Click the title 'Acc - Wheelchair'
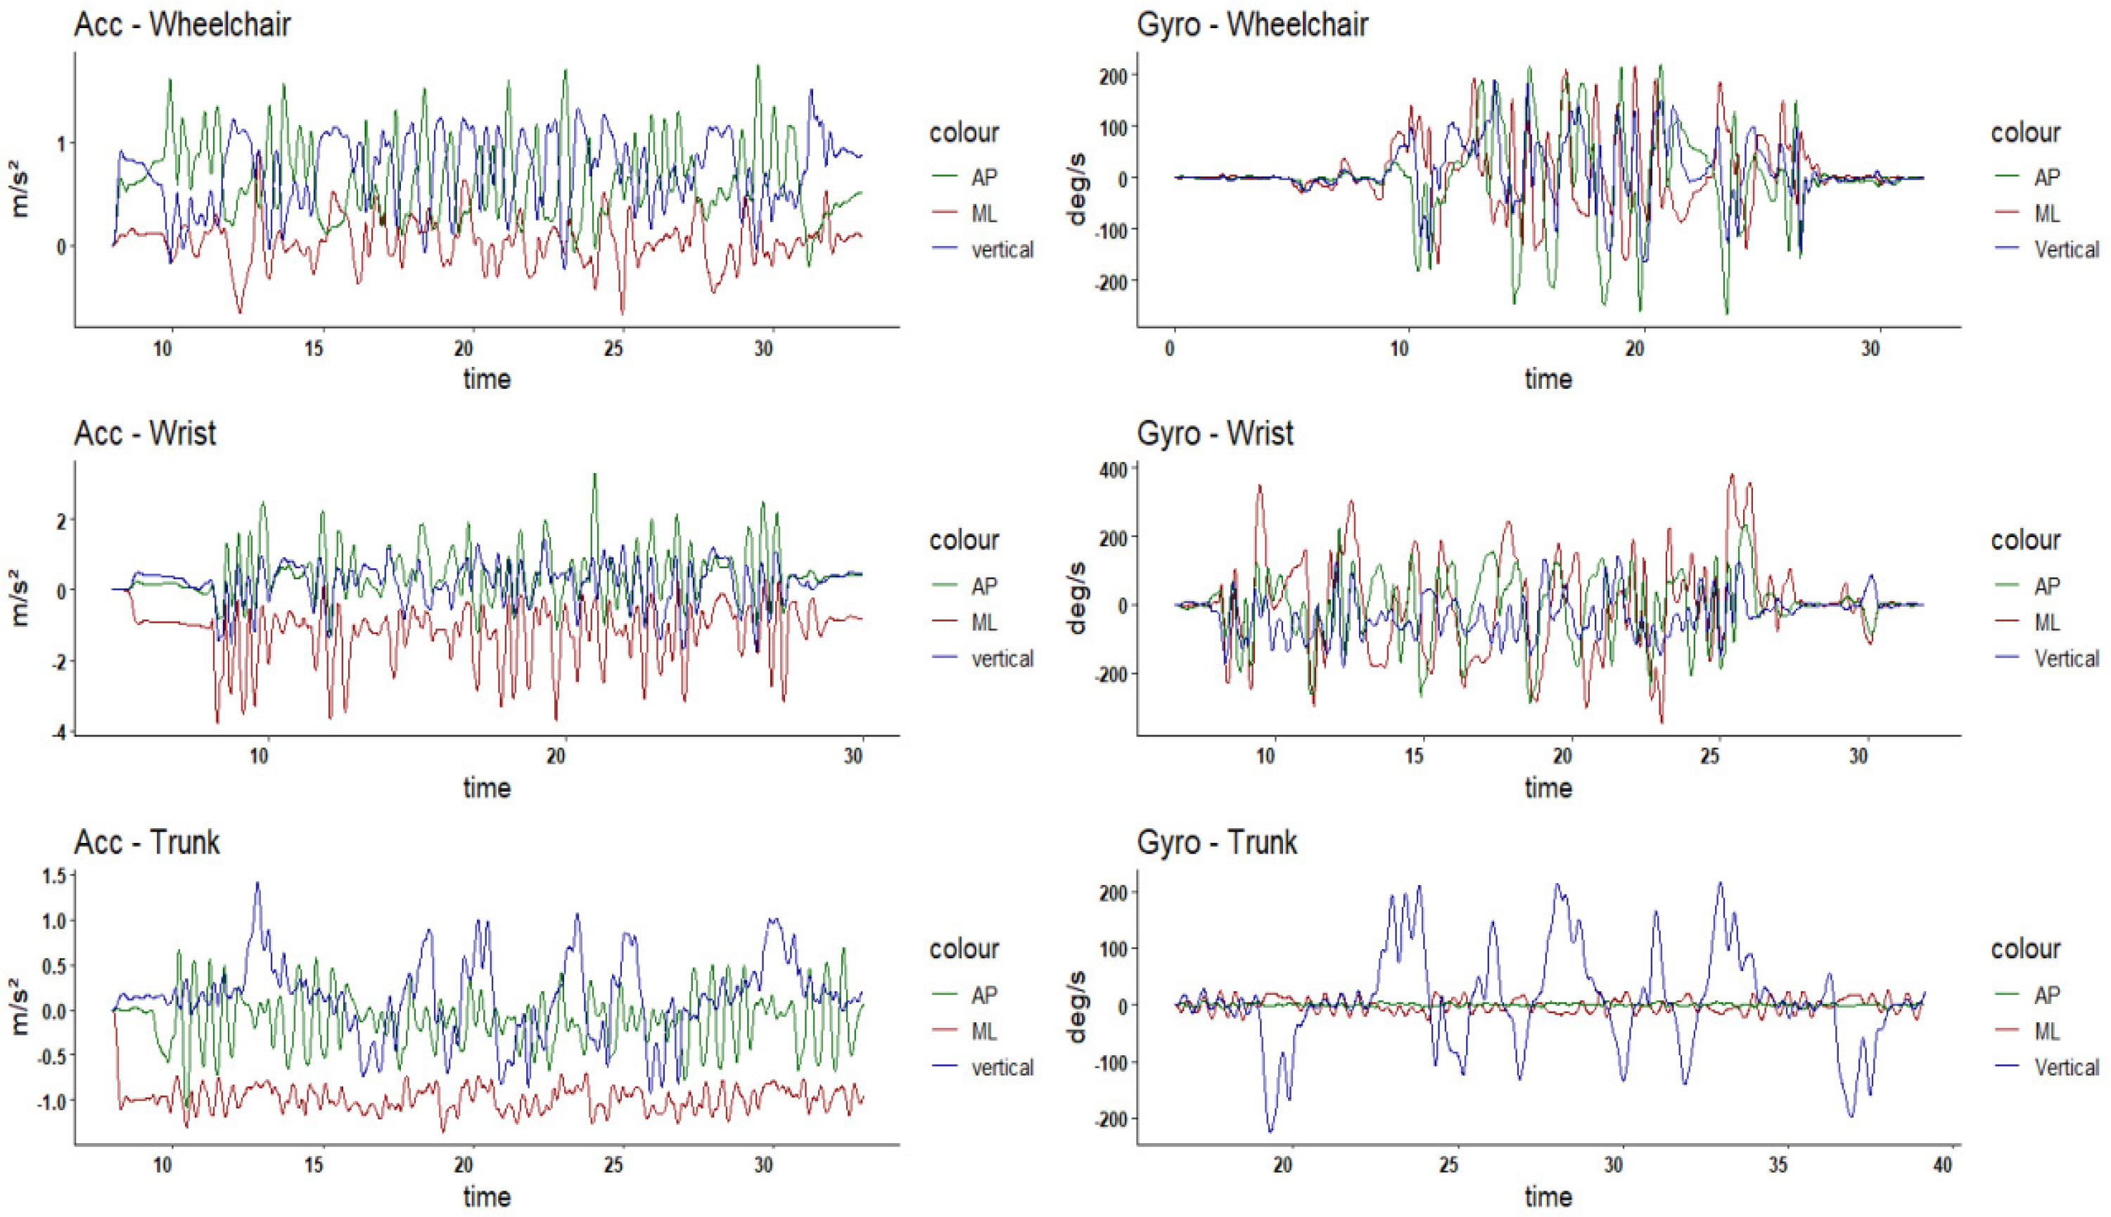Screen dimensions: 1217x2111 tap(182, 24)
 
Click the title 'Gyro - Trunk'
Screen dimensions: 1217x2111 tap(1216, 842)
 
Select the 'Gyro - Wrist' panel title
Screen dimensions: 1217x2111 tap(1215, 433)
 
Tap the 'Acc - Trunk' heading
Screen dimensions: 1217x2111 tap(147, 842)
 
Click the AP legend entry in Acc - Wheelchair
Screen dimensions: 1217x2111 tap(984, 177)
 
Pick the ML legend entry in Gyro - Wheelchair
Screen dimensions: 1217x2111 tap(2046, 214)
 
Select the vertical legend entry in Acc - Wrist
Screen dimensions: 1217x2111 tap(1002, 659)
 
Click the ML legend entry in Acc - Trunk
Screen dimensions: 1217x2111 tap(984, 1031)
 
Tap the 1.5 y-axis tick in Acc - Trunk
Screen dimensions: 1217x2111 tap(53, 875)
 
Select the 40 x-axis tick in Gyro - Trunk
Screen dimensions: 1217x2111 tap(1942, 1165)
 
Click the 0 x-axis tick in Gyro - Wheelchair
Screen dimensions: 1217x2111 tap(1171, 348)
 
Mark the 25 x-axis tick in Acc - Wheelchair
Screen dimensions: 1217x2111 tap(613, 348)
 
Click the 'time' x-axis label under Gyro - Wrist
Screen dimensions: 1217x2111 tap(1548, 788)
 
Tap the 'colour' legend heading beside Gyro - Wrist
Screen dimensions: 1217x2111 tap(2025, 540)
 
